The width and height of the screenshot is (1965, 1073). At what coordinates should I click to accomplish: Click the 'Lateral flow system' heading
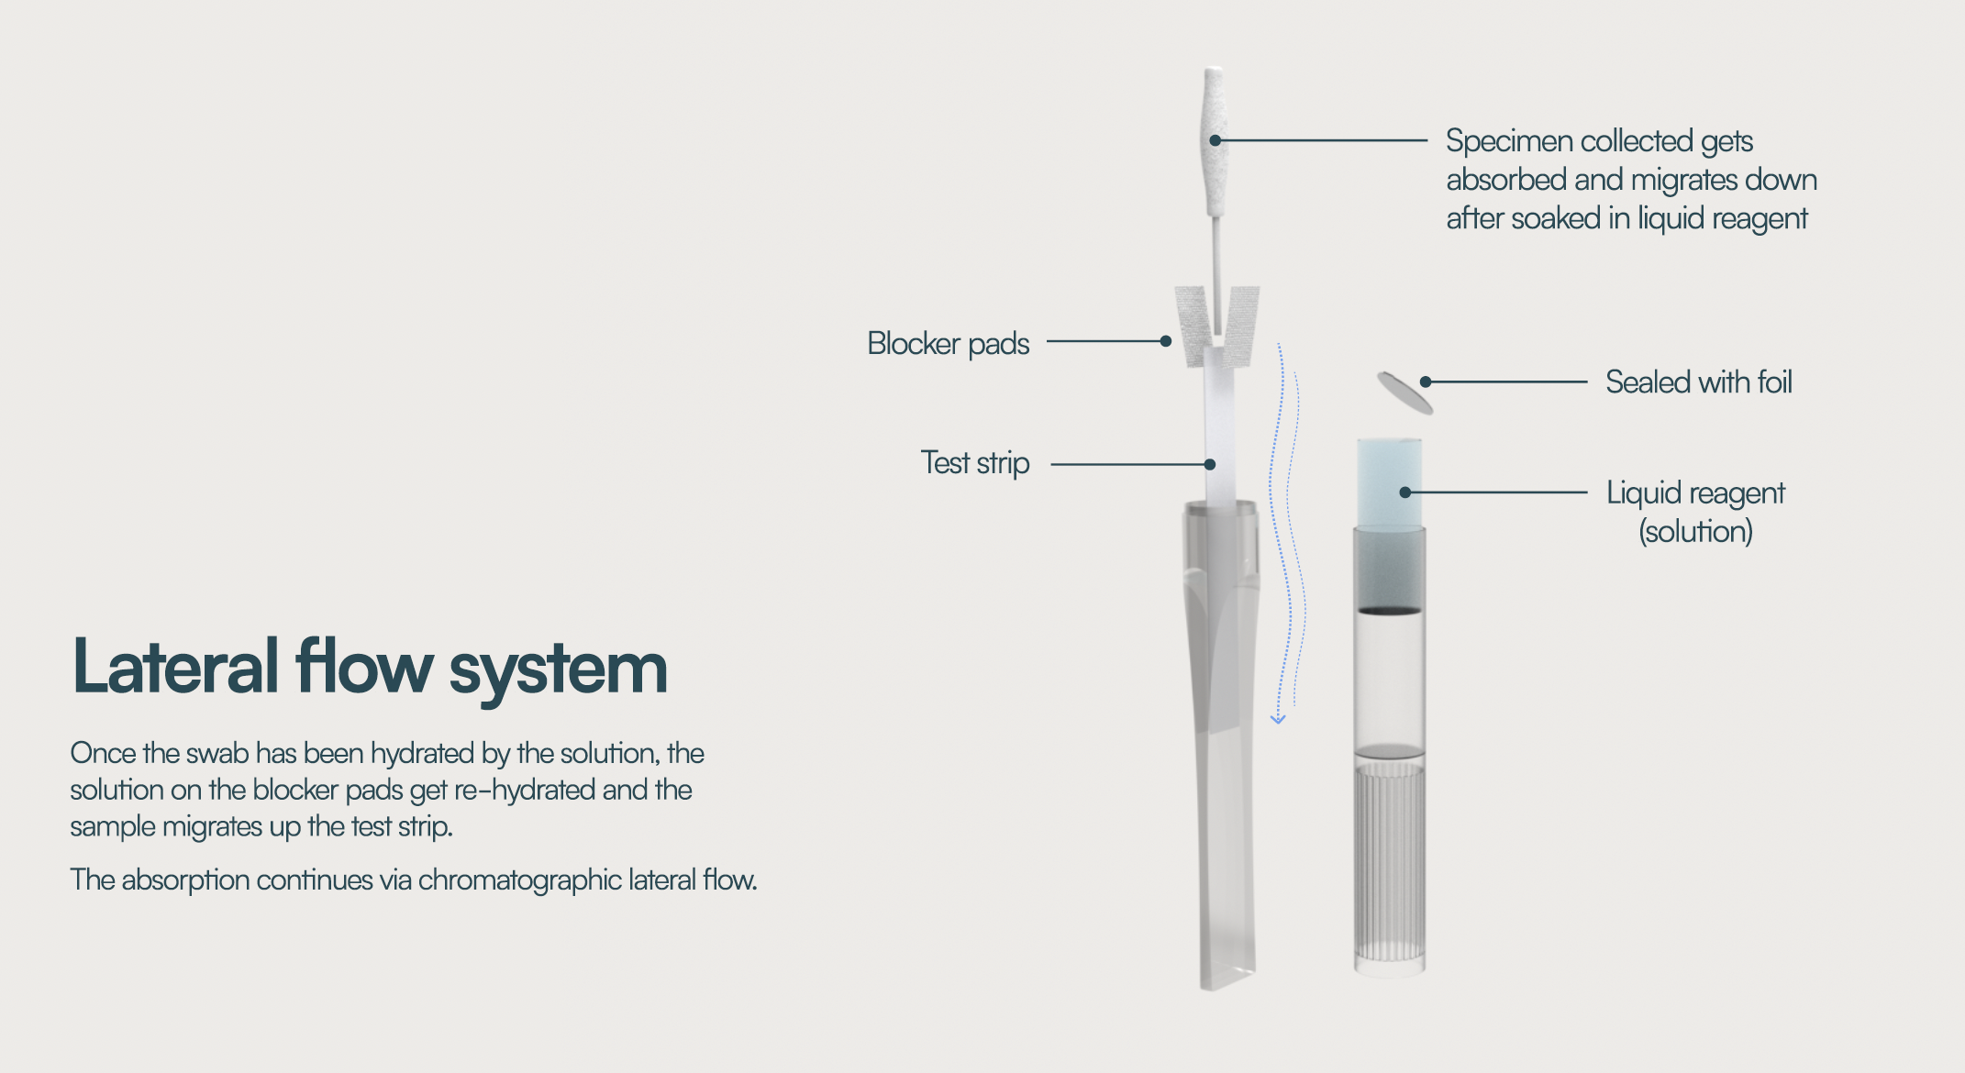pos(369,668)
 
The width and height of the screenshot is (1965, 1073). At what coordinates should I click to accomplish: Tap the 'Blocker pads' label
pos(948,343)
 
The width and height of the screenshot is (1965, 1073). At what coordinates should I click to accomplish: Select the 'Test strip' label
pos(974,463)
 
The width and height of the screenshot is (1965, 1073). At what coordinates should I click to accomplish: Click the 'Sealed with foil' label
pos(1698,382)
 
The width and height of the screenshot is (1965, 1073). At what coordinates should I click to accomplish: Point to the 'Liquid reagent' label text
pos(1694,492)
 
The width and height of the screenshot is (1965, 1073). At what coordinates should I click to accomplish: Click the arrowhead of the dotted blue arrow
pos(1278,720)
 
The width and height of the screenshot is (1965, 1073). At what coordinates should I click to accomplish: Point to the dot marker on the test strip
pos(1210,465)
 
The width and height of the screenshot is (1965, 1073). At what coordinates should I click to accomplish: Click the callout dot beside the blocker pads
pos(1165,341)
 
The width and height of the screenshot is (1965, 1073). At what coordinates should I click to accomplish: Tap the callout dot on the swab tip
pos(1215,140)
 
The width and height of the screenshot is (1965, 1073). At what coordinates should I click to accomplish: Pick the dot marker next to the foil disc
pos(1426,382)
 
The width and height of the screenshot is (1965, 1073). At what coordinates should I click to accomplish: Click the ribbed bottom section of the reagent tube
pos(1389,862)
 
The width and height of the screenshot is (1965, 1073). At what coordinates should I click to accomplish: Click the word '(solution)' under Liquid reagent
pos(1695,532)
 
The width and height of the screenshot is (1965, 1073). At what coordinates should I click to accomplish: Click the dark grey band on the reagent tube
pos(1389,569)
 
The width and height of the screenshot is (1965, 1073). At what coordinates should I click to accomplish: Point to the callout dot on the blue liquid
pos(1404,492)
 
